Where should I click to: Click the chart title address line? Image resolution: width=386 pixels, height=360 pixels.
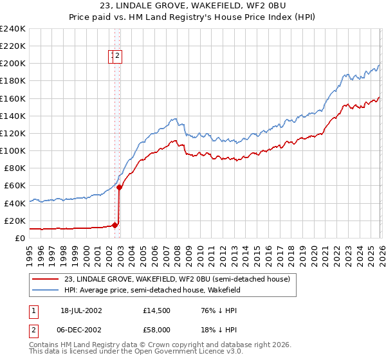tap(193, 6)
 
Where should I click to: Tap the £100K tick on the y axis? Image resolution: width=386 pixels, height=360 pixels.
tap(12, 150)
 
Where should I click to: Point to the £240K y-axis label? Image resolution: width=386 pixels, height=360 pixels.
tap(12, 29)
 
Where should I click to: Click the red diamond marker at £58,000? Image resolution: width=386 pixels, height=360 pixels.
tap(120, 188)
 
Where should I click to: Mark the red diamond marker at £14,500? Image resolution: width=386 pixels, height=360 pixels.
tap(115, 225)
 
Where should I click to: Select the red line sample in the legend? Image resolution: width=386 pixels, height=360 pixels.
tap(46, 279)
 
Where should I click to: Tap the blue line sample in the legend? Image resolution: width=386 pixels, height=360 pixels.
tap(46, 290)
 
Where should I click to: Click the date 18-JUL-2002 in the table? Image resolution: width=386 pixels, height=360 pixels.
tap(82, 310)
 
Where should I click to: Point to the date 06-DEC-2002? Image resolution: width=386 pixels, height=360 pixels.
tap(82, 328)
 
